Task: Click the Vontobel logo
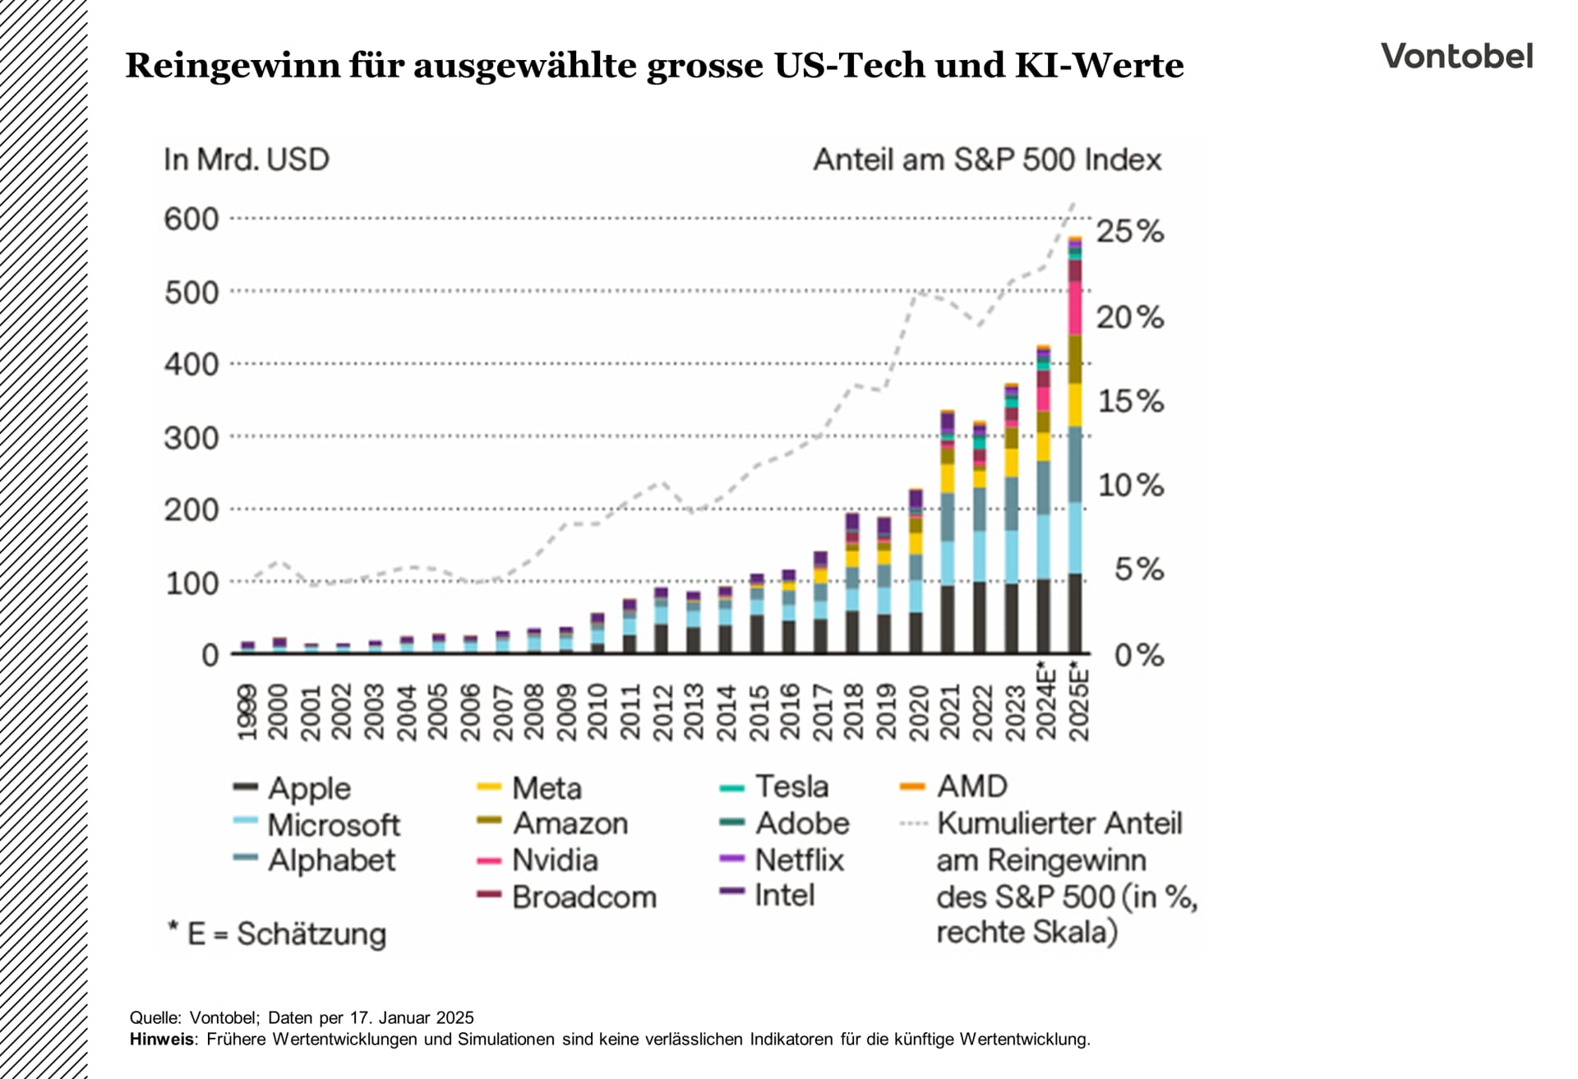tap(1456, 56)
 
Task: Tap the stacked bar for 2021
tap(947, 534)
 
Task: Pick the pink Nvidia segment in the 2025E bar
tap(1074, 308)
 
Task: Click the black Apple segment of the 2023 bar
tap(1011, 618)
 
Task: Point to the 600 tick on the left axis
tap(191, 219)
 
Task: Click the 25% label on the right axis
tap(1129, 232)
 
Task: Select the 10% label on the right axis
tap(1131, 486)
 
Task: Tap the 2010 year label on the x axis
tap(598, 712)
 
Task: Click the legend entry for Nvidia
tap(554, 860)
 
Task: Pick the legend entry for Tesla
tap(791, 786)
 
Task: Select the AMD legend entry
tap(971, 786)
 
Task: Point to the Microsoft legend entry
tap(333, 824)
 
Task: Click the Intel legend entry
tap(784, 895)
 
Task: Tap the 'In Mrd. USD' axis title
tap(246, 159)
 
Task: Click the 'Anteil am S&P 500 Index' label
tap(987, 159)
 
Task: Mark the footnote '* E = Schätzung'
tap(276, 934)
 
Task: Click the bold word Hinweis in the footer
tap(162, 1039)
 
